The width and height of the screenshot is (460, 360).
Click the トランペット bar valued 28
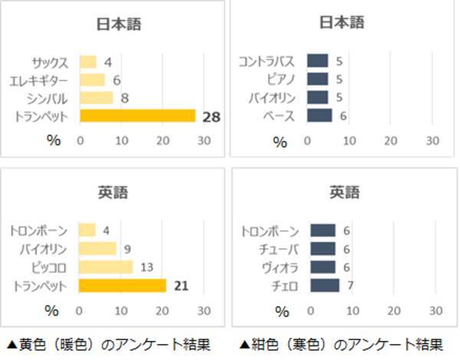tap(138, 116)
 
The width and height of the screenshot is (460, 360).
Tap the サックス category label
tap(51, 62)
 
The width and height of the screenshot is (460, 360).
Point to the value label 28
tap(212, 116)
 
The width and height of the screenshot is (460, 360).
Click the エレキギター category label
tap(40, 80)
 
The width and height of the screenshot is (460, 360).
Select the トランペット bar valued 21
tap(123, 286)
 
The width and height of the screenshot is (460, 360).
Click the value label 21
tap(181, 286)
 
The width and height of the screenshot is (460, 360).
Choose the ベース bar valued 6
tap(320, 116)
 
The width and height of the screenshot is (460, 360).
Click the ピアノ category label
tap(282, 79)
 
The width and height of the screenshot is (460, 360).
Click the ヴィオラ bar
tap(323, 267)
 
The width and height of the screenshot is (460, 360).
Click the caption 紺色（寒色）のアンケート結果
tap(341, 344)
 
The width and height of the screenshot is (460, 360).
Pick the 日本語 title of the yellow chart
tap(118, 24)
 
